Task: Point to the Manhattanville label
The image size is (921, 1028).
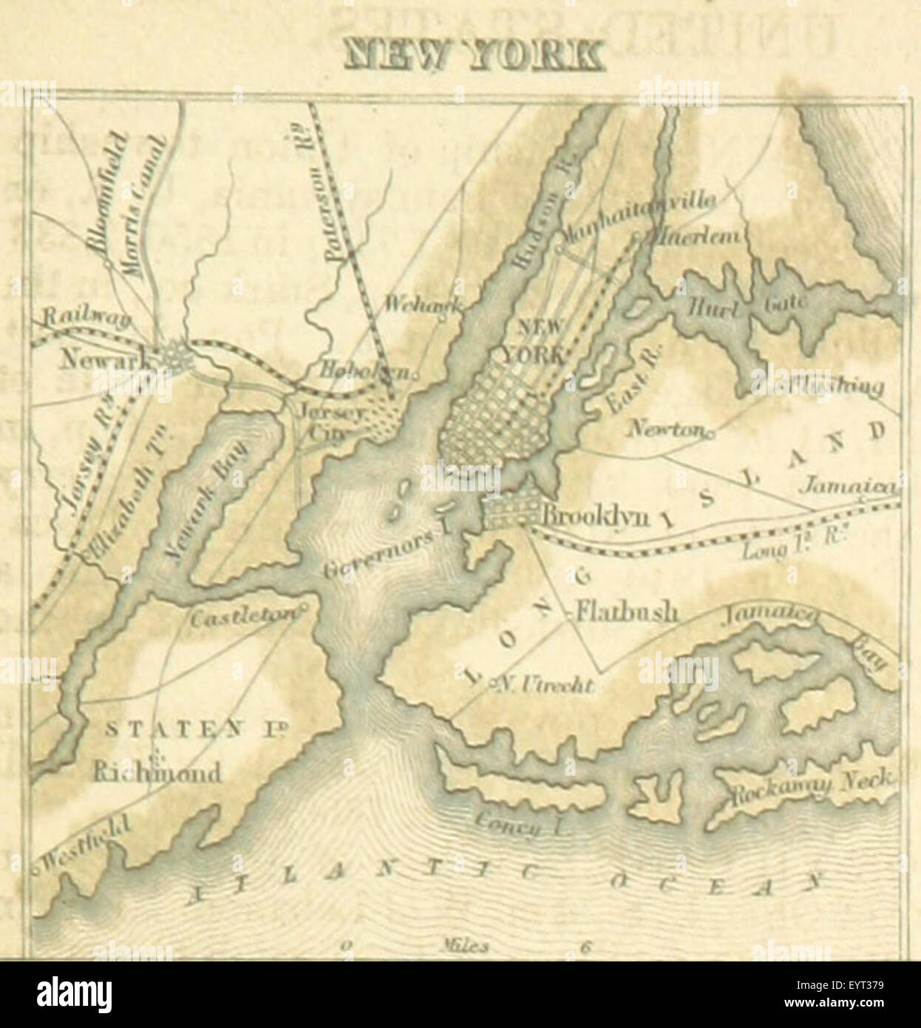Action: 640,218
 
